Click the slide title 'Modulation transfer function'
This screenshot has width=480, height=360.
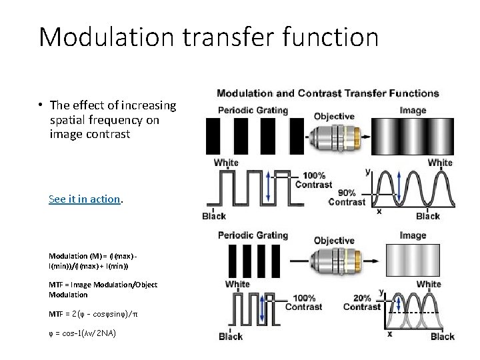tap(209, 37)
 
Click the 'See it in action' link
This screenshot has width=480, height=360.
tap(84, 199)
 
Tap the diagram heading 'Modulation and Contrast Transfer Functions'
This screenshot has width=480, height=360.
tap(327, 93)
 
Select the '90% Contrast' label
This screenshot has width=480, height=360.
tap(347, 197)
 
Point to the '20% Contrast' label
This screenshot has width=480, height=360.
tap(361, 302)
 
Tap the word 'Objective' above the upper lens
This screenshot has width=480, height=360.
tap(334, 116)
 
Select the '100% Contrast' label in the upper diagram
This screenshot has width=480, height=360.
tap(313, 180)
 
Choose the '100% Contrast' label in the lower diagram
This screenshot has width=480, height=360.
tap(304, 302)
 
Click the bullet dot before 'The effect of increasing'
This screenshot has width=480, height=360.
tap(41, 105)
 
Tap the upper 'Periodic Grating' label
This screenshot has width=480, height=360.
tap(253, 110)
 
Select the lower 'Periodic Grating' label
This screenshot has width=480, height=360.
tap(253, 235)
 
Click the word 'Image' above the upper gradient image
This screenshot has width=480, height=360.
tap(413, 110)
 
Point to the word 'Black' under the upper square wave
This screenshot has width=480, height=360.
tap(214, 215)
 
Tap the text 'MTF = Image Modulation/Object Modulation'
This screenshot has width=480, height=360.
tap(103, 289)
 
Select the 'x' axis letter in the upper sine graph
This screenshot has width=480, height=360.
tap(379, 211)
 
